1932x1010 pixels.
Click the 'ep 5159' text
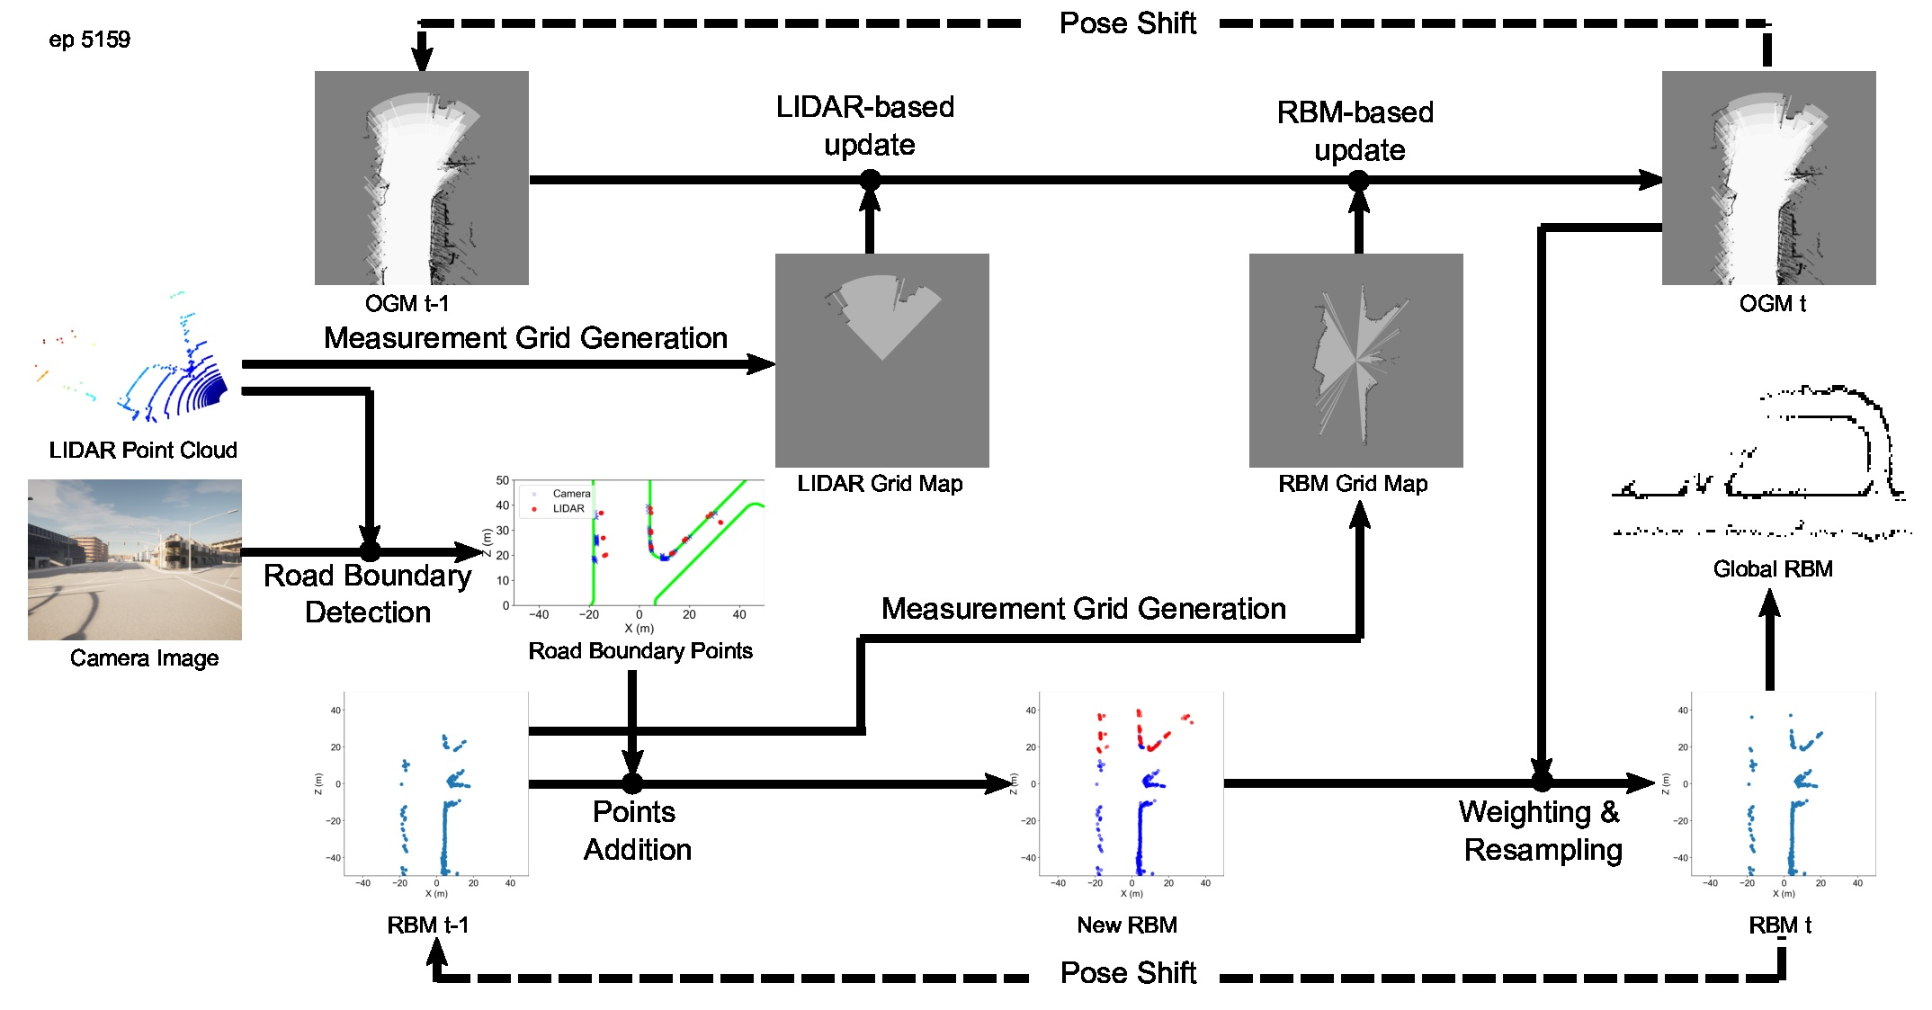(x=89, y=40)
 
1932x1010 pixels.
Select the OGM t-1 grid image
(x=421, y=178)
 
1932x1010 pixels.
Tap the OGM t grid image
(x=1768, y=178)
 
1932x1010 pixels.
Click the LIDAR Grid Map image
(x=881, y=360)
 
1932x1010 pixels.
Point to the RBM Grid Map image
(x=1355, y=360)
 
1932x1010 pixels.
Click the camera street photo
(x=135, y=559)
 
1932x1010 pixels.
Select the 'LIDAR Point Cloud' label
(x=143, y=450)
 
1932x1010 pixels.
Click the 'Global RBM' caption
(x=1772, y=568)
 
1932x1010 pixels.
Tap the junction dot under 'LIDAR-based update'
(x=870, y=180)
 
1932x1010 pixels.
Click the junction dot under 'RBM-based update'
(x=1358, y=180)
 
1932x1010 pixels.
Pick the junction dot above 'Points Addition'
(x=632, y=783)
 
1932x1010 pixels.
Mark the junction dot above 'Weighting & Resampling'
(x=1542, y=781)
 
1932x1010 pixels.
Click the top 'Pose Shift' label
(x=1127, y=23)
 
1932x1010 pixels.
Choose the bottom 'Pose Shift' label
(x=1128, y=973)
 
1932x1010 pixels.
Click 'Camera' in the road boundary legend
(x=571, y=494)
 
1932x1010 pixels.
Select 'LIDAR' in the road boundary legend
(x=568, y=509)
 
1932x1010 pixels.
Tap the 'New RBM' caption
(x=1126, y=925)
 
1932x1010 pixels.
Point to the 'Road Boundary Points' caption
(x=640, y=650)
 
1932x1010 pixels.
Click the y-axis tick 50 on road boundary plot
(x=503, y=481)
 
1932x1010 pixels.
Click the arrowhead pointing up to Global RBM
(x=1769, y=603)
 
